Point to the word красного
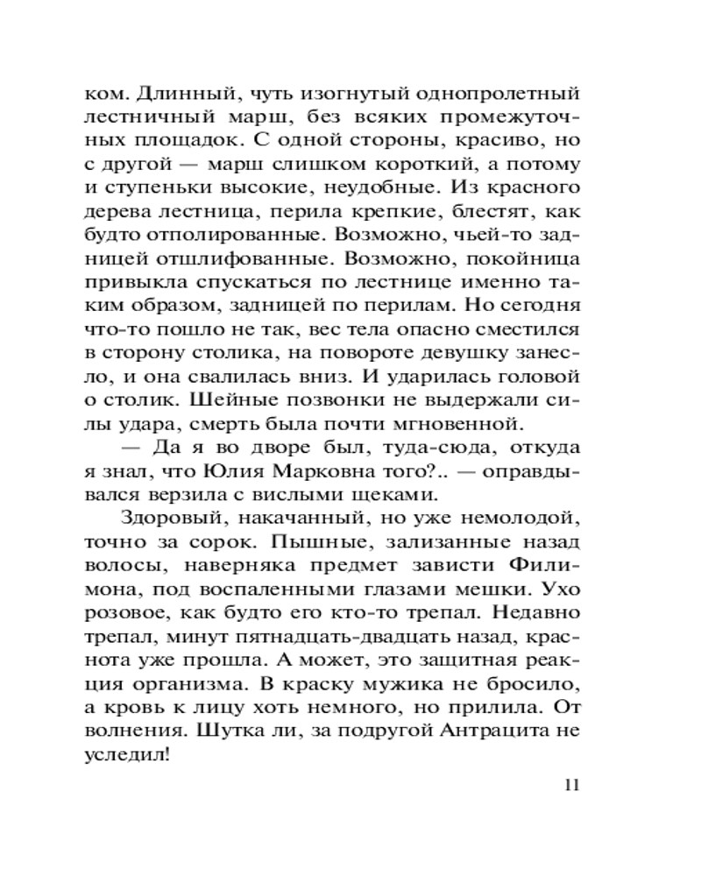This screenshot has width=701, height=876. (536, 187)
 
